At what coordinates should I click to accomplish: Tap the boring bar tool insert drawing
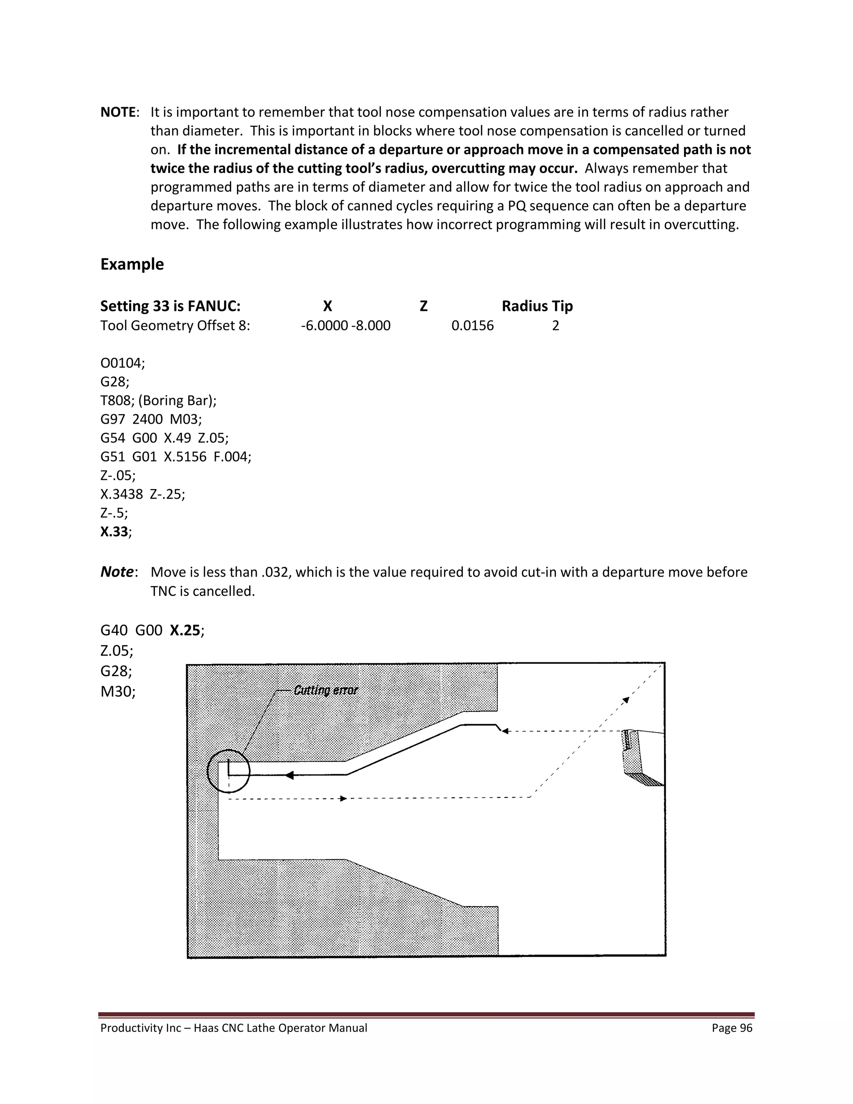[x=640, y=758]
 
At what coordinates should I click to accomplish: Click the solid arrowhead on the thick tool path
[x=289, y=775]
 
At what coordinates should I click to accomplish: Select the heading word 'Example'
[x=132, y=265]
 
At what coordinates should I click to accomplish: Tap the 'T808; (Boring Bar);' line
[x=158, y=400]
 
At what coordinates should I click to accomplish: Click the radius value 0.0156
[x=472, y=325]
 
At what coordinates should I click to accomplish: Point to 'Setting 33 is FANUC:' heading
[x=170, y=306]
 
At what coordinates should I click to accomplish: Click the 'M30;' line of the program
[x=118, y=691]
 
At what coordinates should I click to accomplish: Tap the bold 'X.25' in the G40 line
[x=185, y=630]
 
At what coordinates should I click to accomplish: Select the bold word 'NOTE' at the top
[x=118, y=112]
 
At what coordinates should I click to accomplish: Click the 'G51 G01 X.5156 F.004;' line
[x=175, y=457]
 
